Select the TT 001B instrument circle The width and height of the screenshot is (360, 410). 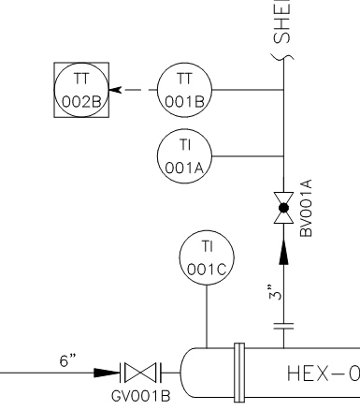184,91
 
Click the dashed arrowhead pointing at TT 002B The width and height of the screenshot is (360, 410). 116,91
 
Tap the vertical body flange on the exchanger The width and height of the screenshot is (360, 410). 240,374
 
